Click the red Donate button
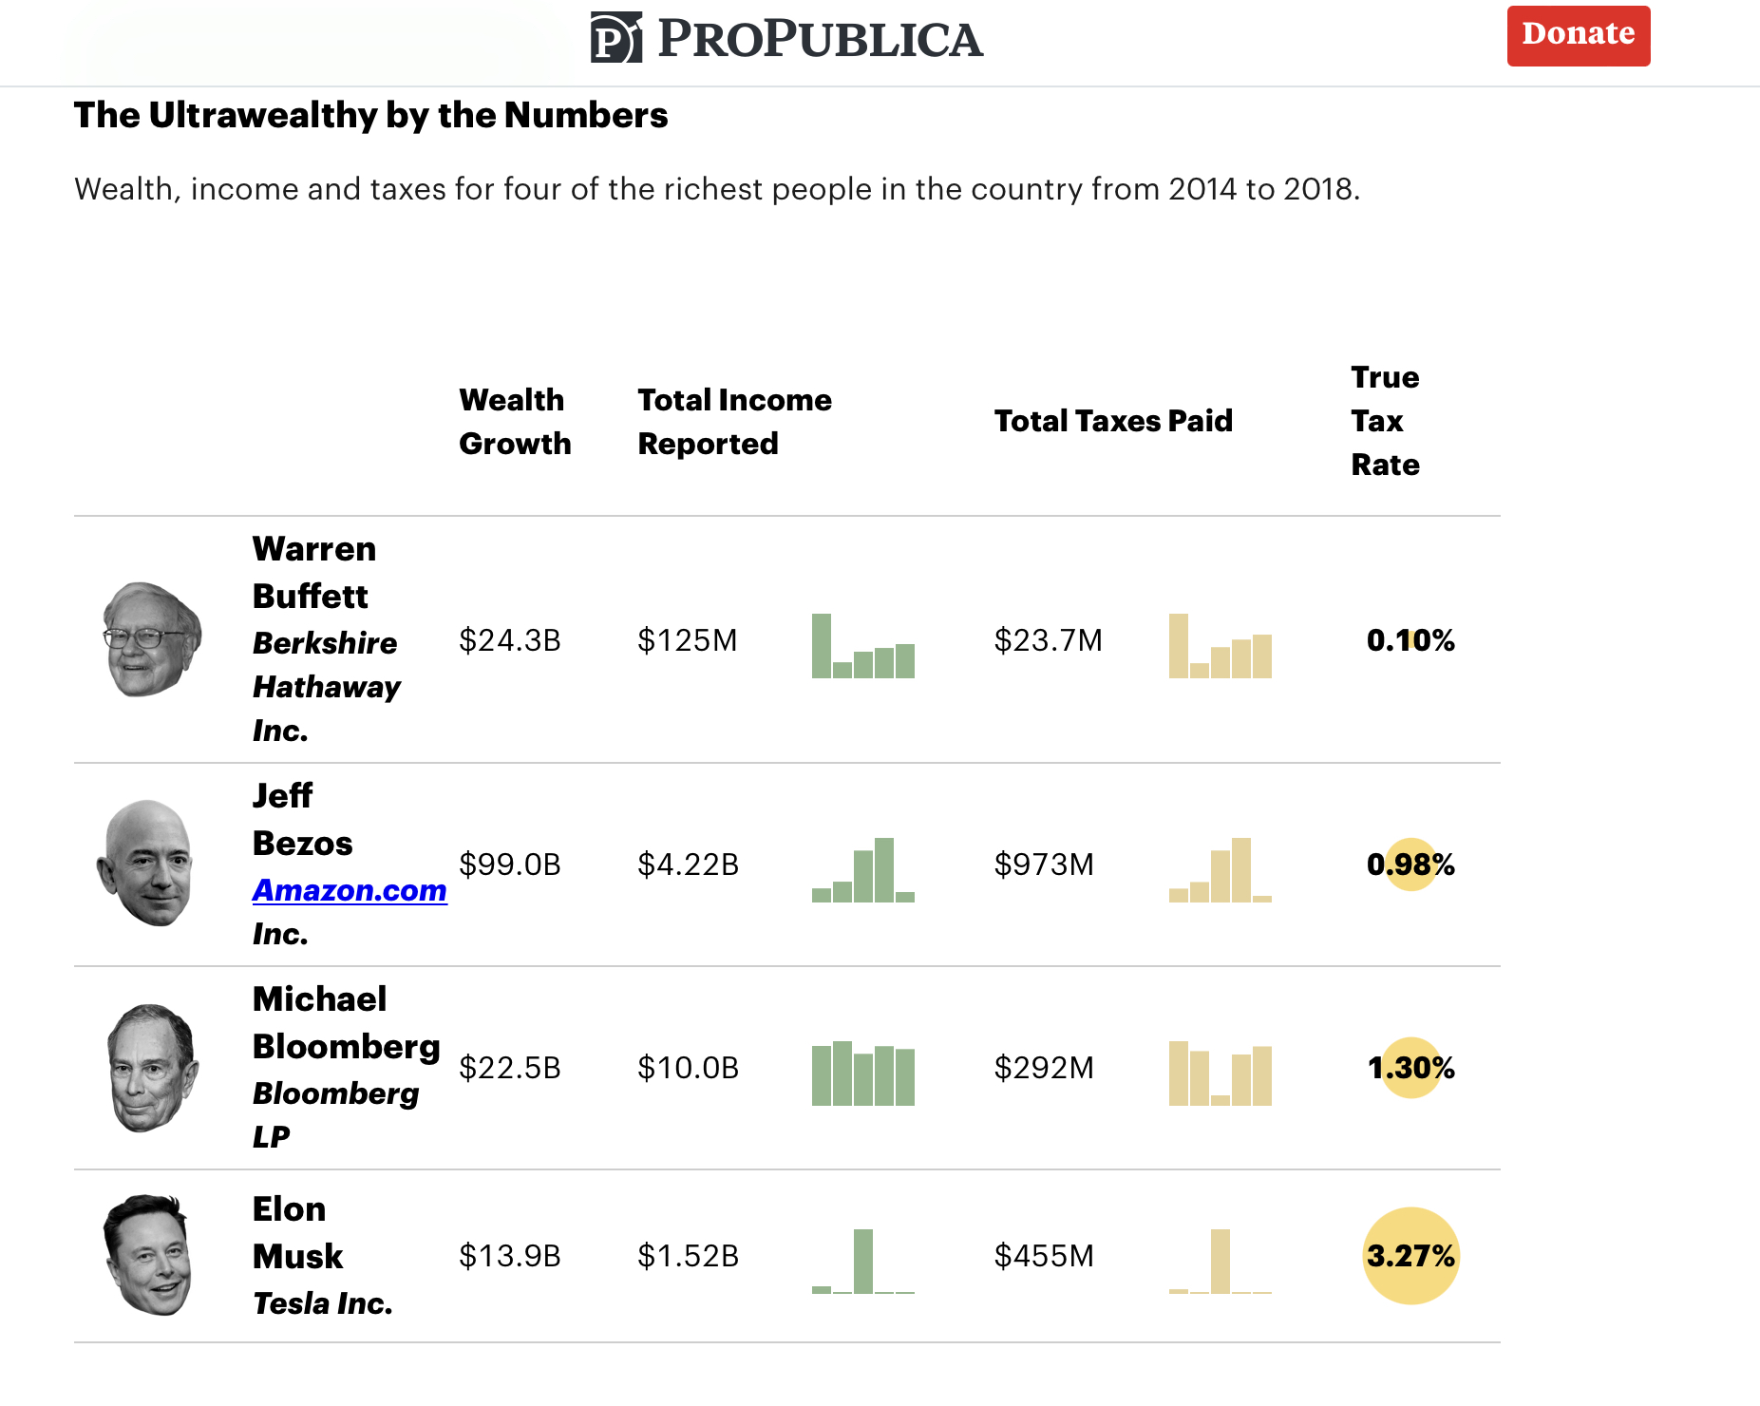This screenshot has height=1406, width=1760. click(x=1578, y=36)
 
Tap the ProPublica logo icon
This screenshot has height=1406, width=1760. click(x=615, y=38)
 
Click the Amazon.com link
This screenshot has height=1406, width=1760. click(x=350, y=890)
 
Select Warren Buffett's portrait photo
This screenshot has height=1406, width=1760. click(x=151, y=639)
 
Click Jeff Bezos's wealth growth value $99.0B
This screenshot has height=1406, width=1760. click(x=509, y=864)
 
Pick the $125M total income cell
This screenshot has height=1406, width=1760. click(x=687, y=640)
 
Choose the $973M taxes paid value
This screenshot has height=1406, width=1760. click(x=1043, y=864)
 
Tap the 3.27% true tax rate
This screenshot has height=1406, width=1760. click(x=1410, y=1256)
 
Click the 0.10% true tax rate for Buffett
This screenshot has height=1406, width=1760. click(x=1410, y=640)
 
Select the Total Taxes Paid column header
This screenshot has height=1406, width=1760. click(x=1112, y=421)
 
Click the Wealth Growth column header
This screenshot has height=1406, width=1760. click(x=515, y=422)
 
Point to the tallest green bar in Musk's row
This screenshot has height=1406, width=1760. click(x=862, y=1261)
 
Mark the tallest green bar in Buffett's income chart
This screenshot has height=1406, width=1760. click(x=822, y=646)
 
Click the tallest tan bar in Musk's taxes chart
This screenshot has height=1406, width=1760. click(x=1220, y=1261)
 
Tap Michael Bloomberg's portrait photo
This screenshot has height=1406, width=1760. click(x=151, y=1068)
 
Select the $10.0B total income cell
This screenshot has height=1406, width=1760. click(x=688, y=1068)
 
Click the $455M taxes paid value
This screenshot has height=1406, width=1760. click(x=1043, y=1256)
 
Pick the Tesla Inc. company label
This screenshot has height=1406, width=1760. click(x=323, y=1303)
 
